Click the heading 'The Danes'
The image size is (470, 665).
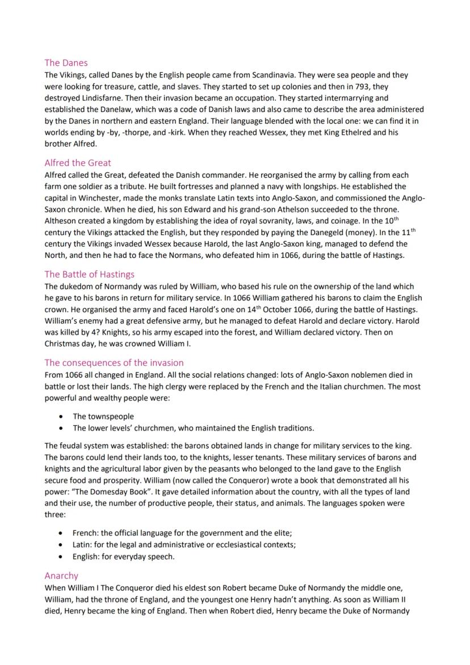click(66, 63)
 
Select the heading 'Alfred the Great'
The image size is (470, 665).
click(78, 163)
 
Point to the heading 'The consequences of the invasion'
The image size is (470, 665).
click(114, 362)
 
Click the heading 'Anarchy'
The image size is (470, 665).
click(61, 575)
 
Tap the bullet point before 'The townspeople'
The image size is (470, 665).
click(61, 417)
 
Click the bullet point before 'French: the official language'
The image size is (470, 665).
click(61, 533)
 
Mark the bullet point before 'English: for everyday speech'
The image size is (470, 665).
click(61, 557)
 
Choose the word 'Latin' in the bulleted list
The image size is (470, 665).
click(82, 545)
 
